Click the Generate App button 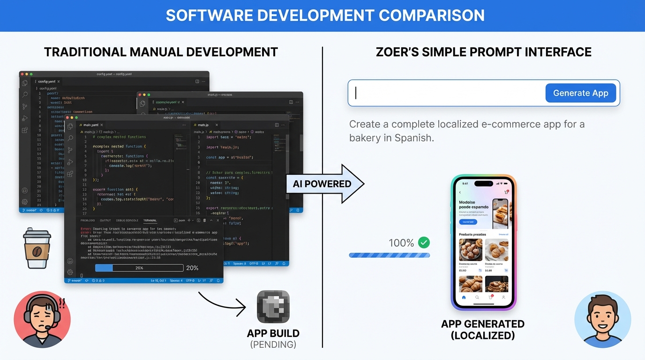(x=580, y=93)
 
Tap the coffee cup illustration (x=37, y=248)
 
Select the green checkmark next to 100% (x=424, y=242)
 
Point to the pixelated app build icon (x=273, y=307)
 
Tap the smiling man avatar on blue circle (x=602, y=319)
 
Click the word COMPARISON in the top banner (x=432, y=15)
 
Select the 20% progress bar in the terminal (x=139, y=268)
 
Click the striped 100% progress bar (x=389, y=255)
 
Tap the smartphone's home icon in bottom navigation (x=464, y=297)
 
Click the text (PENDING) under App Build (x=273, y=345)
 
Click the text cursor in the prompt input (x=356, y=93)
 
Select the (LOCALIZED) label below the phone (x=483, y=336)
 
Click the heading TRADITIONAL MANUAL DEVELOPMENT (x=161, y=52)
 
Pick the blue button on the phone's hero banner (x=468, y=222)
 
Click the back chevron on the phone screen (x=460, y=192)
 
